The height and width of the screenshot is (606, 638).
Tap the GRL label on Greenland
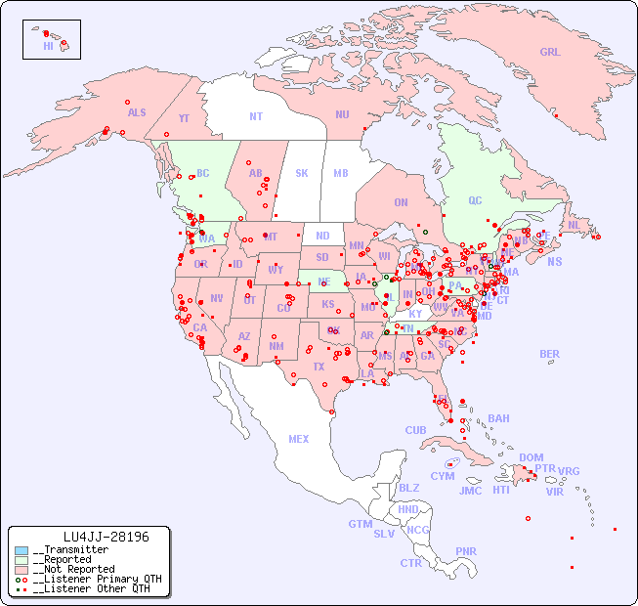click(550, 52)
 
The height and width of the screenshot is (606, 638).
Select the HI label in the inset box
click(48, 46)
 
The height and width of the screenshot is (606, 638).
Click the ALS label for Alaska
click(137, 112)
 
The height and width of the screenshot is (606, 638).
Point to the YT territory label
click(184, 119)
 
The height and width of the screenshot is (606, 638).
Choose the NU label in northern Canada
click(342, 114)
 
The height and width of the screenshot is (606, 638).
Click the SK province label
click(302, 173)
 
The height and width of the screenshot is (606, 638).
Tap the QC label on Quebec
click(475, 201)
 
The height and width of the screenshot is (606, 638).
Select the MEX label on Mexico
click(299, 439)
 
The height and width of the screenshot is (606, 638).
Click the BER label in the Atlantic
click(549, 354)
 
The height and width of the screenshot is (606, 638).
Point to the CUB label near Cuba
click(415, 430)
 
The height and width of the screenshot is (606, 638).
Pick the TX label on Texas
click(319, 367)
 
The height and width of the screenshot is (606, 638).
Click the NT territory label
click(256, 115)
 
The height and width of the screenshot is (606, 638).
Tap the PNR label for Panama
click(466, 551)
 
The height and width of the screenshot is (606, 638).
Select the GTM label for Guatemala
click(360, 524)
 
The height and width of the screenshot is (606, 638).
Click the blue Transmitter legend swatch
click(21, 550)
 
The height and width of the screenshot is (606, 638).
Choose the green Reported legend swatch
click(21, 560)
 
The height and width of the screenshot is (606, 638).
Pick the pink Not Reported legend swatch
click(21, 569)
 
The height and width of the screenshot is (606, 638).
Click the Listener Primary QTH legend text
click(97, 579)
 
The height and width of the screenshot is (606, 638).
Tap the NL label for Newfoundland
click(574, 224)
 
